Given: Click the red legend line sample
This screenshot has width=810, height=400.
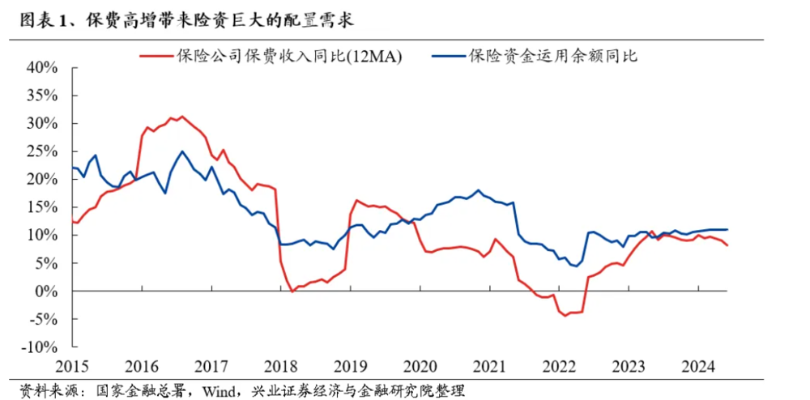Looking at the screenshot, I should coord(157,56).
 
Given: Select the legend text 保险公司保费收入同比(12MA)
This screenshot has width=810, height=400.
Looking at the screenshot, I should coord(288,56).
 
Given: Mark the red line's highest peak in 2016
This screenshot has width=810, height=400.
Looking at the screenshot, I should coord(181,117).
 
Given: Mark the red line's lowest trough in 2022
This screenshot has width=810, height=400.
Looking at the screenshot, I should coord(565,315).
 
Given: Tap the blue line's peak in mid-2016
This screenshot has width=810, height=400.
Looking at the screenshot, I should coord(182,151).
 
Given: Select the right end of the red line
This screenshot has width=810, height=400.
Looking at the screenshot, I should coord(727,245).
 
